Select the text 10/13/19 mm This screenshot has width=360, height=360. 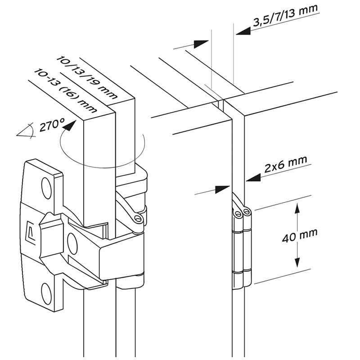pos(88,77)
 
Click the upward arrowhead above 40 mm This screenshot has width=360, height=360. pos(297,208)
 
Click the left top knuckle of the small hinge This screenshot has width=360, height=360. pos(237,211)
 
